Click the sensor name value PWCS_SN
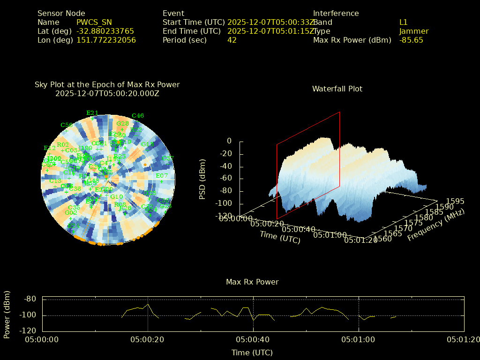pyautogui.click(x=94, y=22)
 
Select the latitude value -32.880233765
pyautogui.click(x=105, y=31)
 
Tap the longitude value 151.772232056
pyautogui.click(x=106, y=40)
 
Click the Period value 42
pyautogui.click(x=232, y=40)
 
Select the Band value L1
pyautogui.click(x=404, y=22)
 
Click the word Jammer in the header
pyautogui.click(x=414, y=31)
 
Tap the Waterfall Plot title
pyautogui.click(x=337, y=89)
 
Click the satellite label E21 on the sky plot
pyautogui.click(x=92, y=113)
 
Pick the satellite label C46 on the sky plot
pyautogui.click(x=138, y=116)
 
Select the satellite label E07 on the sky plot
pyautogui.click(x=162, y=176)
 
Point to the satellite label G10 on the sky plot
pyautogui.click(x=116, y=197)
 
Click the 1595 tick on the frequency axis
pyautogui.click(x=455, y=202)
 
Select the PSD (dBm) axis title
pyautogui.click(x=202, y=178)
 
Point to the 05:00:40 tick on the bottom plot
pyautogui.click(x=253, y=339)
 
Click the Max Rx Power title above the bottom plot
pyautogui.click(x=252, y=282)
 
